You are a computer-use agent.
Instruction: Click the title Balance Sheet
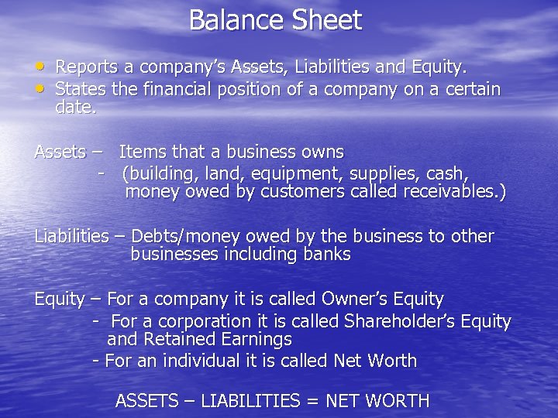click(x=275, y=20)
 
